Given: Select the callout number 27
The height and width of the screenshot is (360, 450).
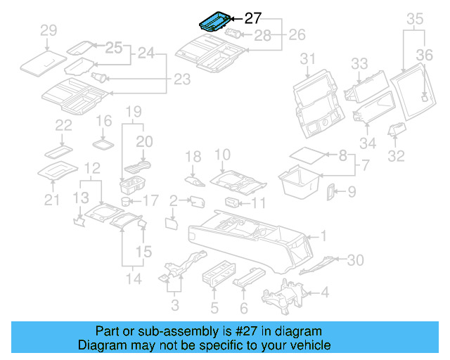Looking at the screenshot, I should [252, 19].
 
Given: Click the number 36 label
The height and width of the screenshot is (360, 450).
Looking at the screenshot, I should [425, 55].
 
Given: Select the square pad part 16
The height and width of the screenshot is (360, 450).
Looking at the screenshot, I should [104, 143].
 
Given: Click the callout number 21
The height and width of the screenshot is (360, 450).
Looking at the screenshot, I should [51, 201].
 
